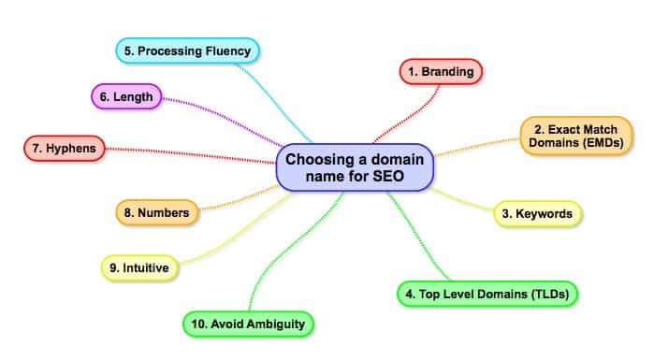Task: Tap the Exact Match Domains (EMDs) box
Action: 574,136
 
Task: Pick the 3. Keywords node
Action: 537,214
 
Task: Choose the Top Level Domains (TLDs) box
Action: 487,294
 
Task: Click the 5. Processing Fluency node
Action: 186,50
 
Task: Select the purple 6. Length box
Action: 127,95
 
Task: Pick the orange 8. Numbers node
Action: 156,213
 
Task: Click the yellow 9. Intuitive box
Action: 138,268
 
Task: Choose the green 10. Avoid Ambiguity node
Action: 247,324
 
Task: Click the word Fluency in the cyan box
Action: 225,50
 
